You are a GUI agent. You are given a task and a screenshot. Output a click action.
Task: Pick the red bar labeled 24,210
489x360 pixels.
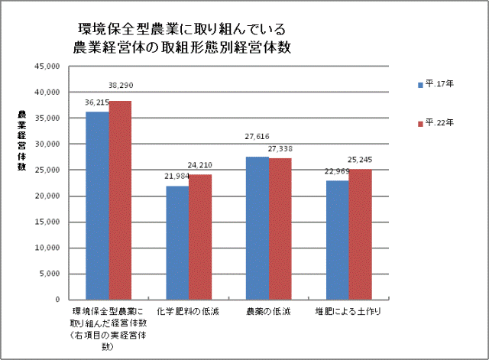point(200,236)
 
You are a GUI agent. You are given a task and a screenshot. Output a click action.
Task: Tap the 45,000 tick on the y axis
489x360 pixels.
point(47,66)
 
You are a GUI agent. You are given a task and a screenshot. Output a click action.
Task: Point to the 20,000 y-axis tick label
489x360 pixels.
point(47,196)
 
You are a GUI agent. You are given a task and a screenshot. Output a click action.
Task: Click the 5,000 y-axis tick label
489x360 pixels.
point(49,274)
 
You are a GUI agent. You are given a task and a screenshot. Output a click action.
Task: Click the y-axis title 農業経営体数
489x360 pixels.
point(21,144)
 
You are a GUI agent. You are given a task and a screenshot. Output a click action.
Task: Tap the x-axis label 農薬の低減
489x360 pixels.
point(268,312)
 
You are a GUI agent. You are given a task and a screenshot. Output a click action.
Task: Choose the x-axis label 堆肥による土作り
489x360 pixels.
point(348,312)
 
